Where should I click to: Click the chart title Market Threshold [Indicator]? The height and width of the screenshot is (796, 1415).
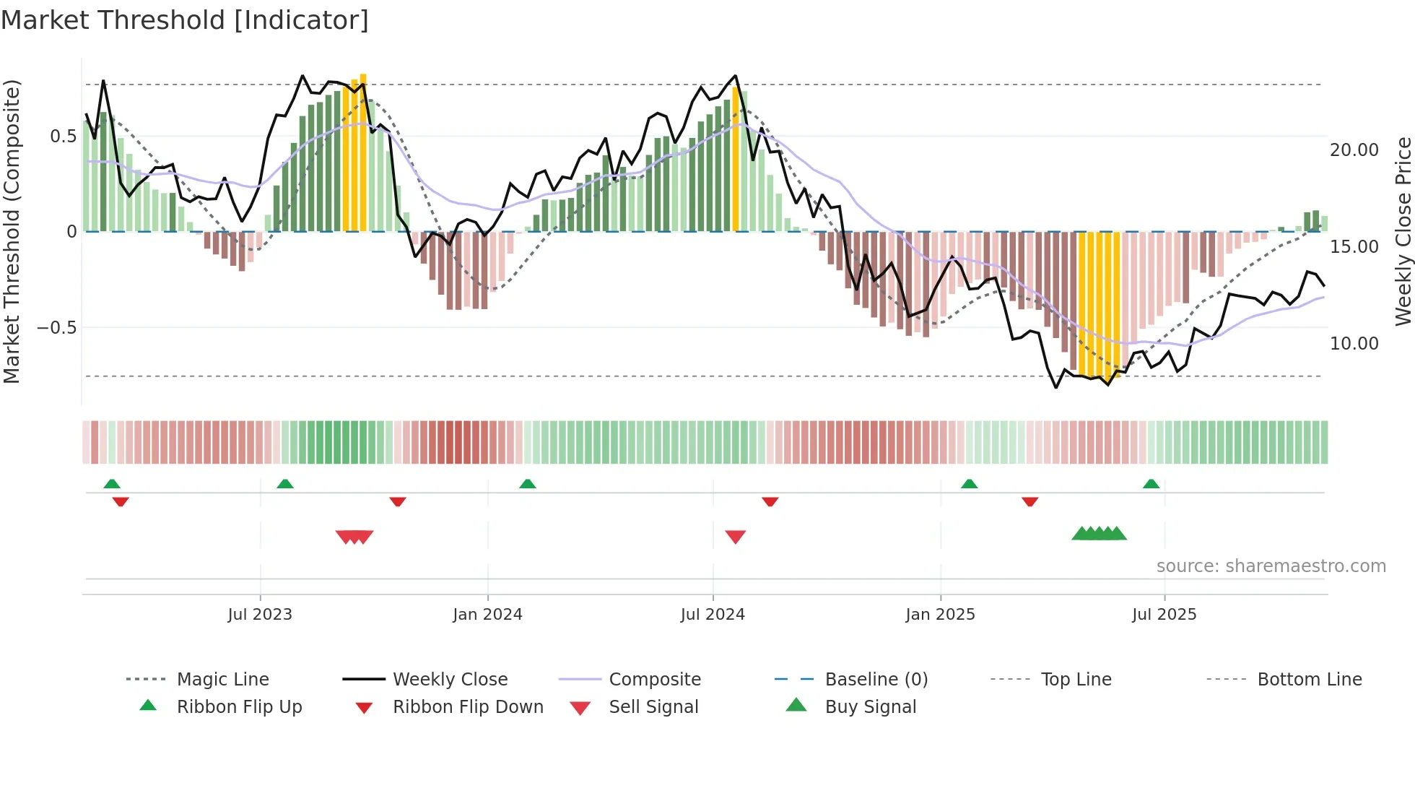(x=185, y=20)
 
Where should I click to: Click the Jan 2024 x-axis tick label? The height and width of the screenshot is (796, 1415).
(x=487, y=615)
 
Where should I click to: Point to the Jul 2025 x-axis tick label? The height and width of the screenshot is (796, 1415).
(x=1164, y=615)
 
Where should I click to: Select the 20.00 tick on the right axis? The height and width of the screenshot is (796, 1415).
(x=1354, y=150)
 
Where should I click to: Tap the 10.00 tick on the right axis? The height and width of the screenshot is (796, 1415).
(x=1354, y=344)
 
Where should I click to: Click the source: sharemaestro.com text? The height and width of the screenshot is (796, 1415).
(x=1271, y=566)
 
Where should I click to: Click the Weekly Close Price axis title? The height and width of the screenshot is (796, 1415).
(x=1403, y=231)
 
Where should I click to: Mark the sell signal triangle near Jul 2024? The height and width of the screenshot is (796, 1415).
(x=735, y=537)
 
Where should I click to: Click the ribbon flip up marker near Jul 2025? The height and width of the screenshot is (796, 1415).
(x=1151, y=484)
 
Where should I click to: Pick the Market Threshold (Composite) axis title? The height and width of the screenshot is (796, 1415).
(x=12, y=231)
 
